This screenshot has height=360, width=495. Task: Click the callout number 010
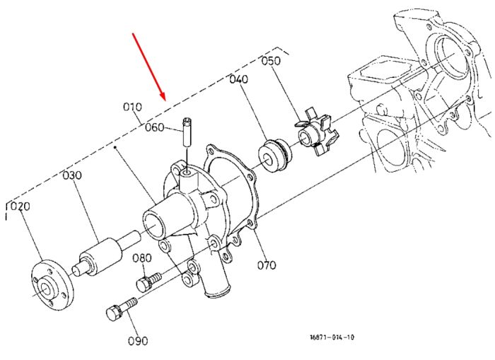pos(133,107)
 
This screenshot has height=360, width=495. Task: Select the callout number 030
pos(72,175)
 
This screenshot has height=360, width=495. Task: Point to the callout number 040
pos(239,79)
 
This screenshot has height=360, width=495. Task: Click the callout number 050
pos(271,61)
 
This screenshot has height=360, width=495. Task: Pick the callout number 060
pos(155,127)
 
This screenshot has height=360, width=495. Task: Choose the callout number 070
pos(267,265)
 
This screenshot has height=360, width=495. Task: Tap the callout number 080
pos(141,258)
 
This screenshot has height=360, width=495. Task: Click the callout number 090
pos(138,341)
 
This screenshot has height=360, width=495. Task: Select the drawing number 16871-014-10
pos(332,337)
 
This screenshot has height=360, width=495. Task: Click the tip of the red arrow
pos(165,100)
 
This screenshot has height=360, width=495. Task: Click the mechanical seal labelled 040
pos(274,156)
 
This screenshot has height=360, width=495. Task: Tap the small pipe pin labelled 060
pos(187,132)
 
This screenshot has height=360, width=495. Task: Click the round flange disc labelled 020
pos(53,284)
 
